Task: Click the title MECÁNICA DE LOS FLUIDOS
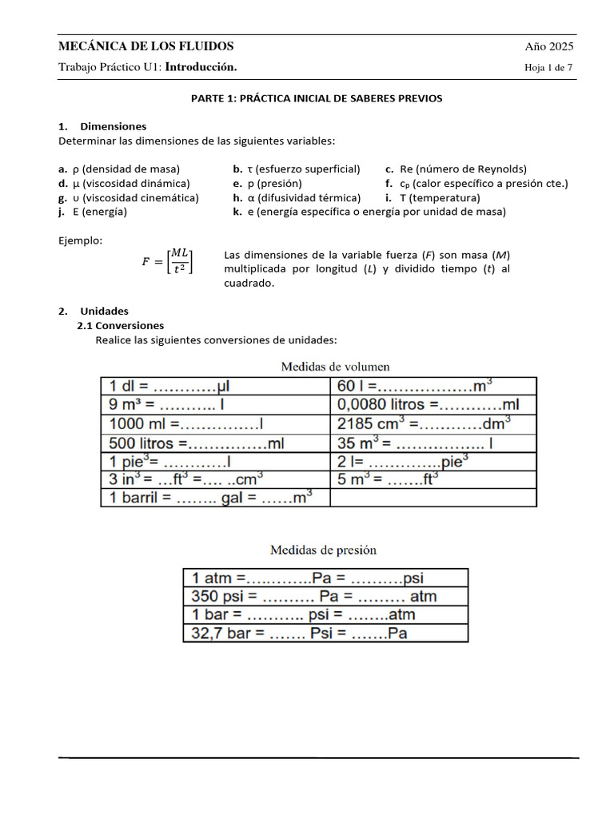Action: pyautogui.click(x=146, y=46)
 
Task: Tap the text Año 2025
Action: pyautogui.click(x=548, y=46)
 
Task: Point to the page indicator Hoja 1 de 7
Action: pyautogui.click(x=548, y=68)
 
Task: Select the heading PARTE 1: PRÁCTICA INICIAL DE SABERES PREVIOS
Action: pyautogui.click(x=316, y=98)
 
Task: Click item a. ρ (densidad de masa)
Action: pyautogui.click(x=119, y=169)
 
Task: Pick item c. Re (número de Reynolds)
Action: pyautogui.click(x=456, y=169)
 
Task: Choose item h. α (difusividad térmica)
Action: pyautogui.click(x=297, y=198)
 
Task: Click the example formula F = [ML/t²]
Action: pyautogui.click(x=166, y=261)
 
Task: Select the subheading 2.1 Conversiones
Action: pyautogui.click(x=120, y=326)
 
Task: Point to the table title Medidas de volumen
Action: pyautogui.click(x=335, y=367)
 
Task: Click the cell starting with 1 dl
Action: pyautogui.click(x=215, y=386)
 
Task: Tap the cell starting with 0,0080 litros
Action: pyautogui.click(x=433, y=405)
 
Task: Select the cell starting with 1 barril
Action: pyautogui.click(x=215, y=498)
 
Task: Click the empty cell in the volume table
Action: pyautogui.click(x=433, y=498)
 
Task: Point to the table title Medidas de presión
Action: pyautogui.click(x=323, y=550)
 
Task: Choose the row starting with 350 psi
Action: pyautogui.click(x=325, y=596)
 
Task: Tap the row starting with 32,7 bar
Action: pyautogui.click(x=325, y=633)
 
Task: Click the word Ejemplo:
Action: pyautogui.click(x=81, y=240)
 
